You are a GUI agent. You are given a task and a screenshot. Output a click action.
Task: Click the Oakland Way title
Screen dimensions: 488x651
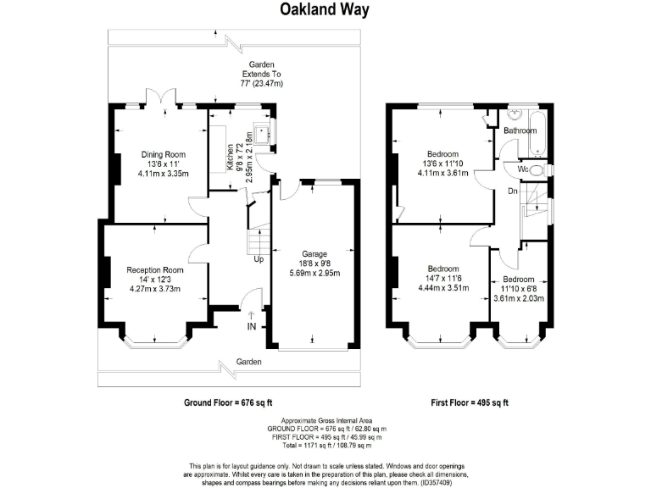click(325, 10)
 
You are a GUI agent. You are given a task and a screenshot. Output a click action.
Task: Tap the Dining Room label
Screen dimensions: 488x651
click(164, 154)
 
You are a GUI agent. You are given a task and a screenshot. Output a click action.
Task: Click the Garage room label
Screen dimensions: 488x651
click(314, 253)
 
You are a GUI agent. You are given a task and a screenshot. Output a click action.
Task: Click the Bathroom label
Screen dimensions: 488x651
click(520, 130)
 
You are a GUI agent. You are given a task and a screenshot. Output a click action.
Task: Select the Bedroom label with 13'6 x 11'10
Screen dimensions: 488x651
click(442, 153)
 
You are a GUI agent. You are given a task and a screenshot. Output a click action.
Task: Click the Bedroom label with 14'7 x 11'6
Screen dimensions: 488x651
click(442, 269)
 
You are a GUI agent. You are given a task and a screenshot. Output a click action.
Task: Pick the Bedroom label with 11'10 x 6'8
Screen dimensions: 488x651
click(519, 279)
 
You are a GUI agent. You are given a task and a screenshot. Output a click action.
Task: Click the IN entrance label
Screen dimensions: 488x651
click(251, 326)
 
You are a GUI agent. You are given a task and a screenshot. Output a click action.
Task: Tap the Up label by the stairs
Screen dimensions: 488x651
click(258, 259)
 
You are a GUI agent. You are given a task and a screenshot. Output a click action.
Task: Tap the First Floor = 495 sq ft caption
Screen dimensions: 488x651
click(468, 402)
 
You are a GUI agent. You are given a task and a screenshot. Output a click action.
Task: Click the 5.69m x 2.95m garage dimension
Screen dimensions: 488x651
click(314, 273)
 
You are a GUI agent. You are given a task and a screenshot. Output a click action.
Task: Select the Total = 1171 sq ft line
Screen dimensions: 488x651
click(325, 445)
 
